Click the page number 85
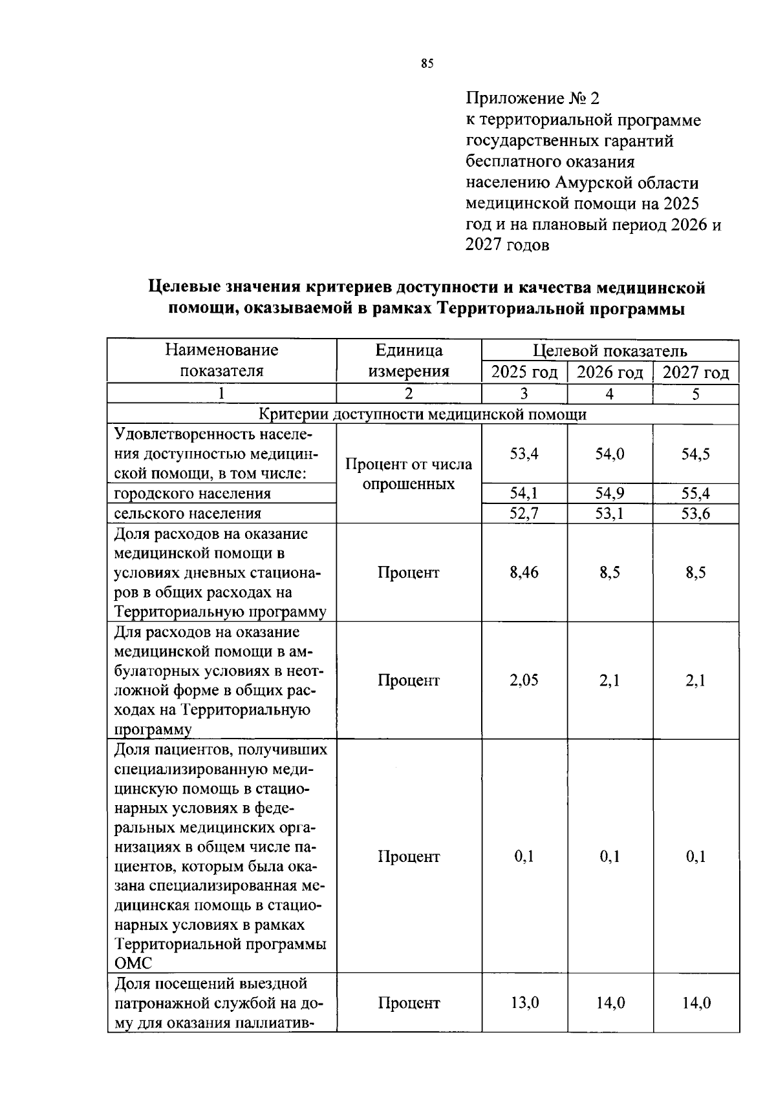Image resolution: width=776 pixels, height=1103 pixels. pos(426,63)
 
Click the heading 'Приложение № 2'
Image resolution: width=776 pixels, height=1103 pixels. pos(533,99)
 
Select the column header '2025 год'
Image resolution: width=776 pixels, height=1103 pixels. pos(524,372)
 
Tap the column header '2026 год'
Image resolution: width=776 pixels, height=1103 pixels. pos(610,372)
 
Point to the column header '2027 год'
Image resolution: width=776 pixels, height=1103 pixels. pos(696,372)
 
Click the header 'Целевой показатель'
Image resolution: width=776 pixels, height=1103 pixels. pos(610,351)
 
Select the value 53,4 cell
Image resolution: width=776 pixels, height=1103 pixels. pos(524,454)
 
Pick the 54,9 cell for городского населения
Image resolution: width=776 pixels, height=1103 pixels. pos(610,494)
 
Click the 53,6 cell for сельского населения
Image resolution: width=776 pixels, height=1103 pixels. pos(696,514)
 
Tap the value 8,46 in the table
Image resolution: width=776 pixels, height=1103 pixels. pos(524,573)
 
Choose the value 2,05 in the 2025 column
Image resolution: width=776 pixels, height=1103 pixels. pos(524,680)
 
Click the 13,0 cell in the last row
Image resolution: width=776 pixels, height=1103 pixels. pos(524,1003)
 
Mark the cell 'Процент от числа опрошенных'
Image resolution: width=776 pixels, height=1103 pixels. pos(409,474)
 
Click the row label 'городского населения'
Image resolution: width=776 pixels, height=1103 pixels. pos(192,494)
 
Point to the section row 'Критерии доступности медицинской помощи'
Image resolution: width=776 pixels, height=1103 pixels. pos(423,414)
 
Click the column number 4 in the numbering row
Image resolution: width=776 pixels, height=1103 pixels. pos(610,394)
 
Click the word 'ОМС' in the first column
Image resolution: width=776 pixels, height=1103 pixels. pos(133,963)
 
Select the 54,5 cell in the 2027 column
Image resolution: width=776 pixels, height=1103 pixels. pos(696,454)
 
